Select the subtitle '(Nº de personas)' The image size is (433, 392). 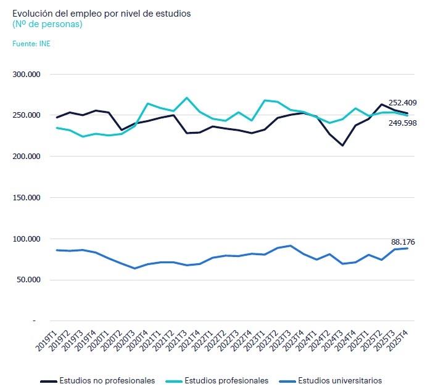click(x=47, y=24)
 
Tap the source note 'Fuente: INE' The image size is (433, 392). click(x=32, y=43)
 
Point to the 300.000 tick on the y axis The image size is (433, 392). click(x=27, y=75)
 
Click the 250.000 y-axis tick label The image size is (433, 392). click(x=27, y=115)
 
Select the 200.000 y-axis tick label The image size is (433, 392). click(x=27, y=157)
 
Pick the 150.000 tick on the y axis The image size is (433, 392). click(x=27, y=198)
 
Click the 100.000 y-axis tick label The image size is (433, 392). click(x=27, y=239)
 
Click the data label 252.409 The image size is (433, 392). click(x=404, y=102)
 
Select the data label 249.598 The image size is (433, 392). click(x=404, y=124)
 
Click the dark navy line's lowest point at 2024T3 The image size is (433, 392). click(x=342, y=145)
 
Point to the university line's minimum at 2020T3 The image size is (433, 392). click(x=135, y=268)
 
